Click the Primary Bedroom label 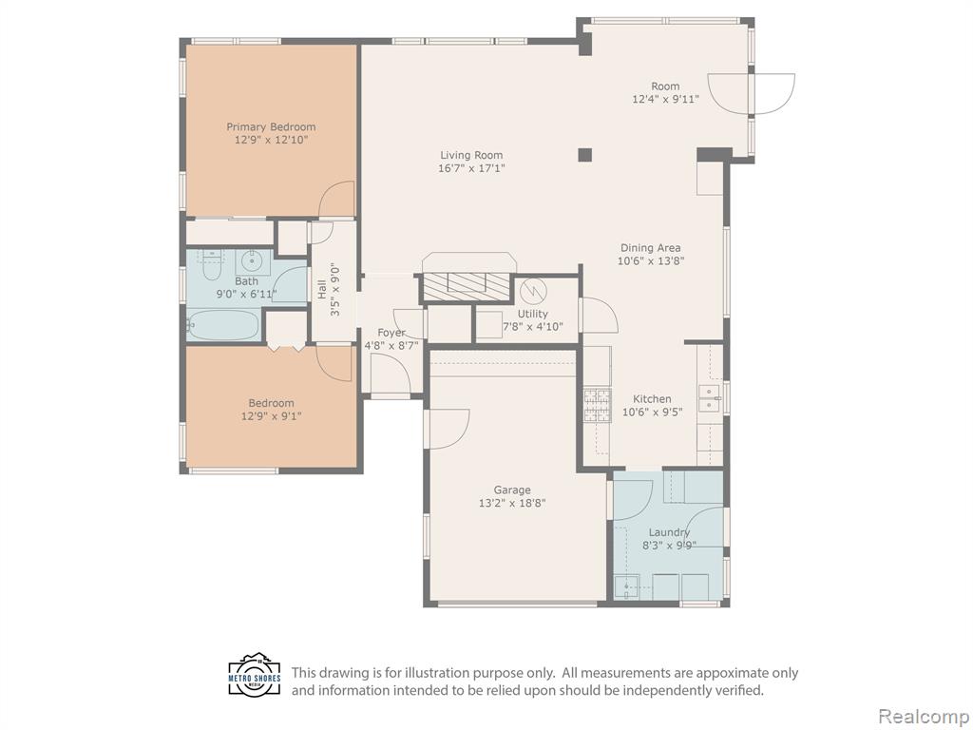coord(271,126)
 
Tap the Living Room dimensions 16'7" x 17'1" coord(471,168)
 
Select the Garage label coord(512,490)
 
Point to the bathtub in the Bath coord(222,325)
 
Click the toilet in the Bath coord(212,264)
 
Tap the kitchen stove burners coord(597,405)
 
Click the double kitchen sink coord(709,398)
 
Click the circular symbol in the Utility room coord(532,291)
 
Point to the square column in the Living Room coord(584,155)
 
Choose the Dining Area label coord(650,248)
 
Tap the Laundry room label coord(669,532)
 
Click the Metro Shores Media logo coord(255,675)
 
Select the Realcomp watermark coord(923,716)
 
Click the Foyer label coord(391,333)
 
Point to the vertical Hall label coord(322,290)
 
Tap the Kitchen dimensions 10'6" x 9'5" coord(652,412)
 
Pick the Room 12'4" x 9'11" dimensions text coord(665,99)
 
